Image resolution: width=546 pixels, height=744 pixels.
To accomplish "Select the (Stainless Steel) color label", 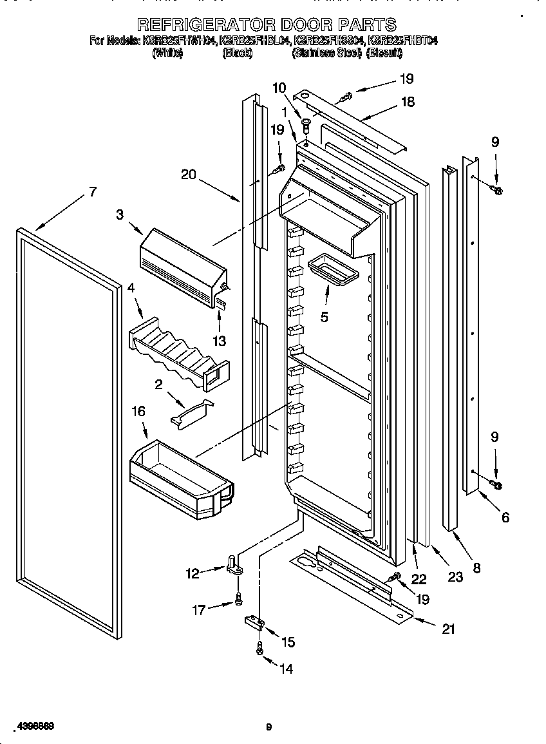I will click(x=326, y=54).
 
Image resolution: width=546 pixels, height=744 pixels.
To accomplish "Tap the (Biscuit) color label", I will click(x=386, y=54).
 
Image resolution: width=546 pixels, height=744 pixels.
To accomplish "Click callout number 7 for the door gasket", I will click(x=92, y=191).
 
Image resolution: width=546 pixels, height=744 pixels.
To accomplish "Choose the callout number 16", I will click(x=138, y=411).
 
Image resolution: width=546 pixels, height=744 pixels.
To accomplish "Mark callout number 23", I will click(x=455, y=577).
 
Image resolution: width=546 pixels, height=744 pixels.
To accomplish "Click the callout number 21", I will click(x=448, y=629).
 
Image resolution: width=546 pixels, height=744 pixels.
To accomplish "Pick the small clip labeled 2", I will click(x=190, y=412).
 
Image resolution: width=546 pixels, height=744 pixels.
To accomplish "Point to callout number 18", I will click(x=407, y=102).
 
